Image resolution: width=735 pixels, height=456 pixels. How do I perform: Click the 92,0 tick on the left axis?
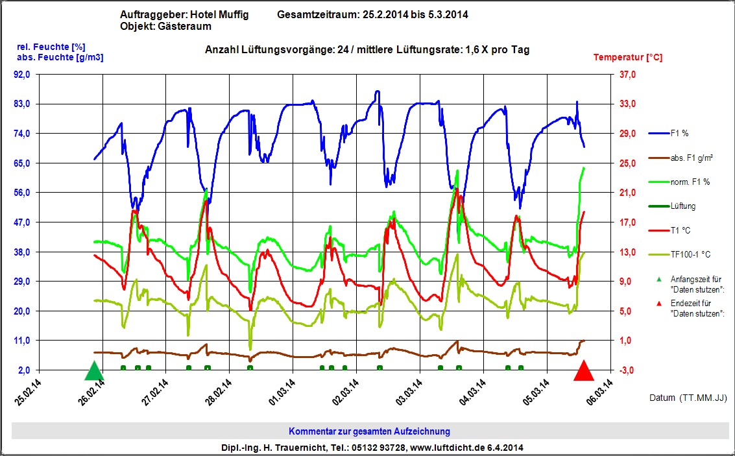(22, 75)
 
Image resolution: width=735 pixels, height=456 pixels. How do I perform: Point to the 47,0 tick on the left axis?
(22, 222)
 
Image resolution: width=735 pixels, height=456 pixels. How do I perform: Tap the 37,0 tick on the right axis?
(626, 75)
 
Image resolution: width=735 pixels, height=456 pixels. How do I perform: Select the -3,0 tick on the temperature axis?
(626, 370)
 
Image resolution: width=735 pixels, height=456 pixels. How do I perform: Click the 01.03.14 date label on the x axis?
(281, 392)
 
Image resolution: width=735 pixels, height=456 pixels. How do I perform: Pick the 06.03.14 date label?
(599, 392)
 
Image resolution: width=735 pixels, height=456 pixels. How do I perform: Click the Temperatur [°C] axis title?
(628, 57)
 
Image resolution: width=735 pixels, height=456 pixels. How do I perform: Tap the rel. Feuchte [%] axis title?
(51, 46)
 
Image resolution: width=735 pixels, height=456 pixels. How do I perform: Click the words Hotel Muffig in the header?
(219, 15)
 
